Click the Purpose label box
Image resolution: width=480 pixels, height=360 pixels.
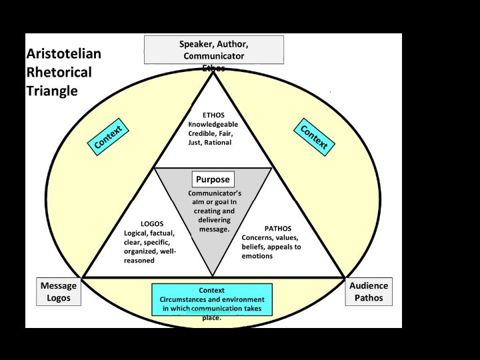[213, 179]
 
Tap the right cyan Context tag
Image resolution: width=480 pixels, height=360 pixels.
[314, 136]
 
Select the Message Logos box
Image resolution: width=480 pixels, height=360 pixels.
[59, 291]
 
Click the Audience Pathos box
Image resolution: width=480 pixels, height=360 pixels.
[369, 291]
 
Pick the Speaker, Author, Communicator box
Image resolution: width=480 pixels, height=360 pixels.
[213, 49]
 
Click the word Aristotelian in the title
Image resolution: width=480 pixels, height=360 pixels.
[64, 54]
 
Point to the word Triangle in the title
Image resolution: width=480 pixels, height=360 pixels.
[52, 91]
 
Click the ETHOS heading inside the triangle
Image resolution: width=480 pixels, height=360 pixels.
[213, 115]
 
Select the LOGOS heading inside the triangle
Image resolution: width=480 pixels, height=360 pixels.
[152, 223]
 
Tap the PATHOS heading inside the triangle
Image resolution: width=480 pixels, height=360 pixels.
[278, 228]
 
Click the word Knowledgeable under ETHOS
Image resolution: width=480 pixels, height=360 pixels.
[213, 124]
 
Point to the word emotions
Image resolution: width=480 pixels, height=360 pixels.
[257, 256]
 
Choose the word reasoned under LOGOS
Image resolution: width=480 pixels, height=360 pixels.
[139, 261]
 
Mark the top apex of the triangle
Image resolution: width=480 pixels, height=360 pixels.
[213, 73]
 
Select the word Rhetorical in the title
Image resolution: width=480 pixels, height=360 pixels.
[59, 72]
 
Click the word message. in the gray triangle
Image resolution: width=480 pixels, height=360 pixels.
[214, 229]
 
